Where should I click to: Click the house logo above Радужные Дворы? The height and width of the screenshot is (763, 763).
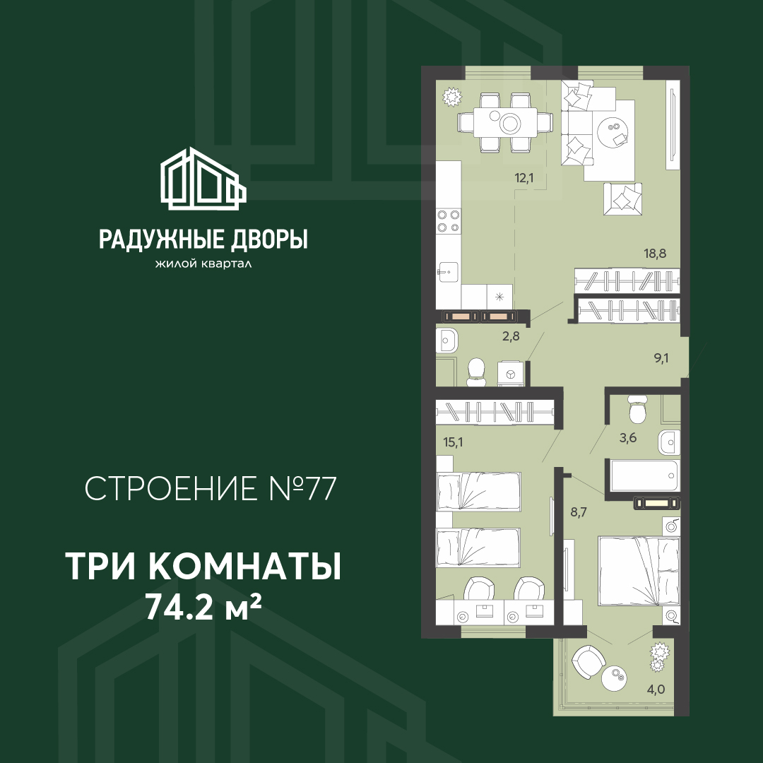(x=203, y=178)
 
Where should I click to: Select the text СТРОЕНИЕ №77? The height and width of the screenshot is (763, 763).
(x=211, y=489)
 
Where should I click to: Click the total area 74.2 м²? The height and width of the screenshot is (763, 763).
(x=204, y=608)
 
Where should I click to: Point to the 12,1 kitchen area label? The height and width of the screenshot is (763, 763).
(x=524, y=178)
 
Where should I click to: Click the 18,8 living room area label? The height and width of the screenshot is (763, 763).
(x=656, y=253)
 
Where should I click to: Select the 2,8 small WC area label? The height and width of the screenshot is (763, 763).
(x=511, y=336)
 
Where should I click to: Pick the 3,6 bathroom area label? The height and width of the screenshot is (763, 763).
(x=628, y=437)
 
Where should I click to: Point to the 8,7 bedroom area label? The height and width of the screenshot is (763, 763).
(x=579, y=512)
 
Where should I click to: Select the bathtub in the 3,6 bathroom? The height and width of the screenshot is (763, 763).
(x=642, y=476)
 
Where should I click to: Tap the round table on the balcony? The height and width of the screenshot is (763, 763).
(x=614, y=677)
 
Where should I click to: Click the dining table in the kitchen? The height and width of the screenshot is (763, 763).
(x=505, y=122)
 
